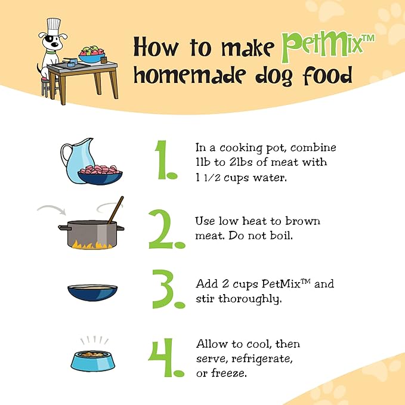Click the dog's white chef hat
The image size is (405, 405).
pos(54,27)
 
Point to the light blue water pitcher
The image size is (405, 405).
pos(76,160)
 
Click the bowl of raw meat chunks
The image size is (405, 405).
pos(100,174)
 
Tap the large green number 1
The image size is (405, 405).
pos(165,160)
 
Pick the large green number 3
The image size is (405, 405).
pos(168,289)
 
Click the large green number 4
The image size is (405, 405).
pos(166,357)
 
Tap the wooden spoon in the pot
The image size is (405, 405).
pos(116,210)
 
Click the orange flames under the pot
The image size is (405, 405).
pos(92,245)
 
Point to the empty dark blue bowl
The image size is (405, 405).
pos(92,293)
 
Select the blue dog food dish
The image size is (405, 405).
pos(93,361)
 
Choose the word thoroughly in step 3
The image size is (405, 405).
pos(250,299)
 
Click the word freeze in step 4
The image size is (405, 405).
pos(229,373)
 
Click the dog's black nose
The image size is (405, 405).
pos(55,45)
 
